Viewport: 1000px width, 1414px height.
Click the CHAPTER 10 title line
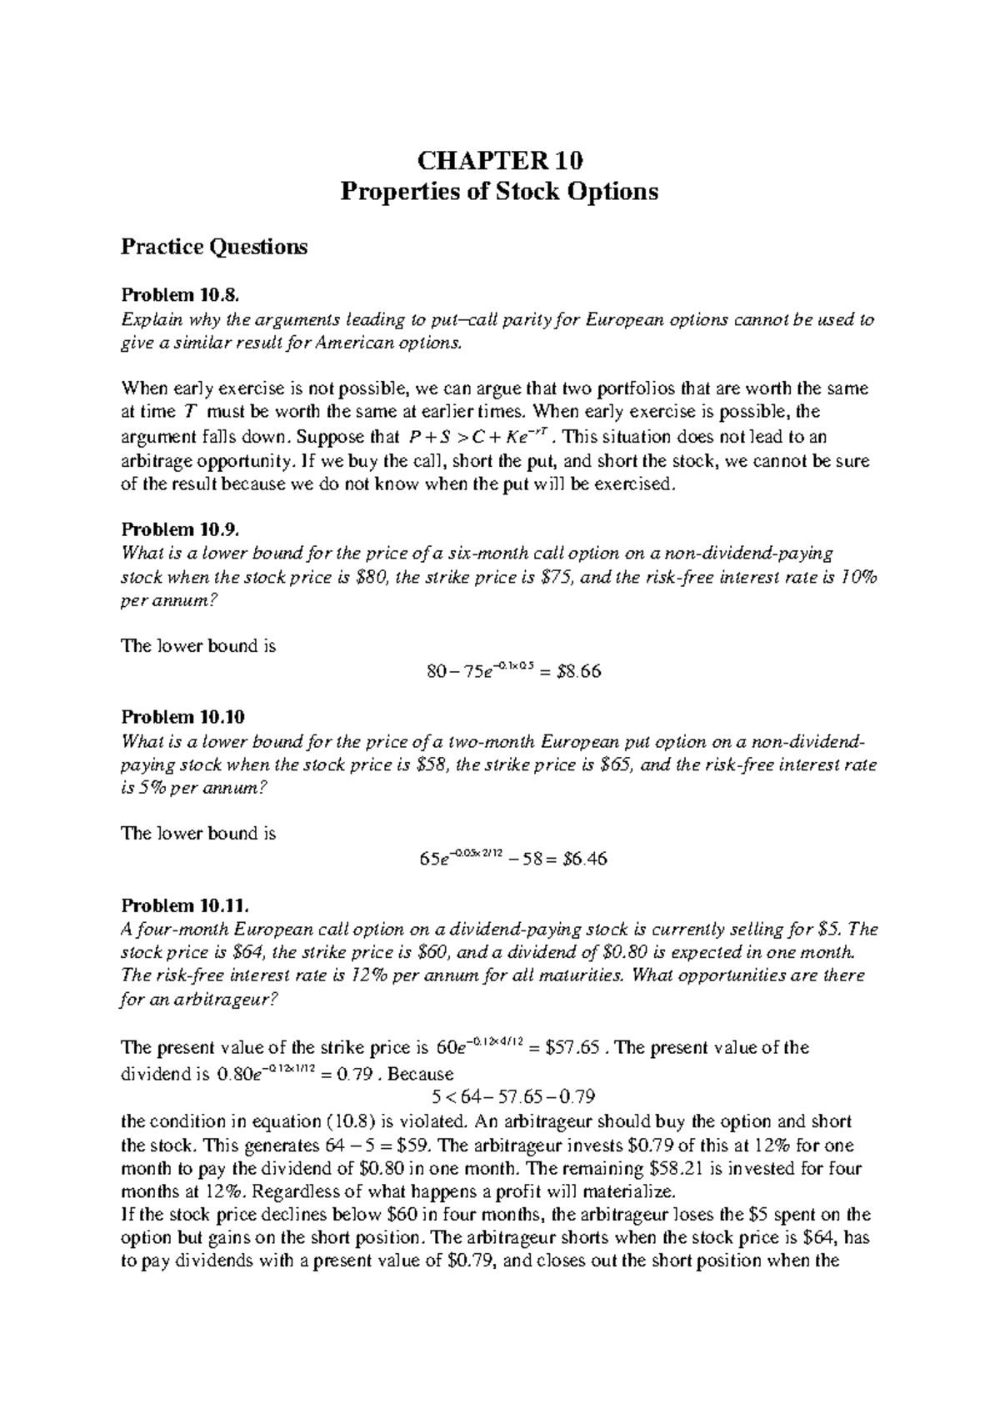coord(500,159)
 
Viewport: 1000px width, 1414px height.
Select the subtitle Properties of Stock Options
coord(500,192)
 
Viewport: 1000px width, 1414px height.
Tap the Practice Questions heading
coord(214,247)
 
